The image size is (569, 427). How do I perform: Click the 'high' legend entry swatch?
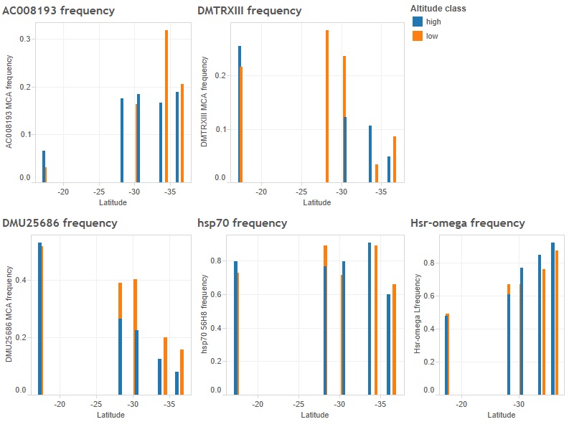click(418, 22)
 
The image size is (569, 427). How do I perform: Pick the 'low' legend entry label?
click(432, 36)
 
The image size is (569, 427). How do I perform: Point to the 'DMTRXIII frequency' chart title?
click(249, 11)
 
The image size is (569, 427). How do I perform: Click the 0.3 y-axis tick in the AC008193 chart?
click(25, 39)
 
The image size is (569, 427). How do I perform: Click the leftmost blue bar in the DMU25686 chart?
click(39, 319)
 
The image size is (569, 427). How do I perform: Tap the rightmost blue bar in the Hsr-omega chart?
click(552, 319)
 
